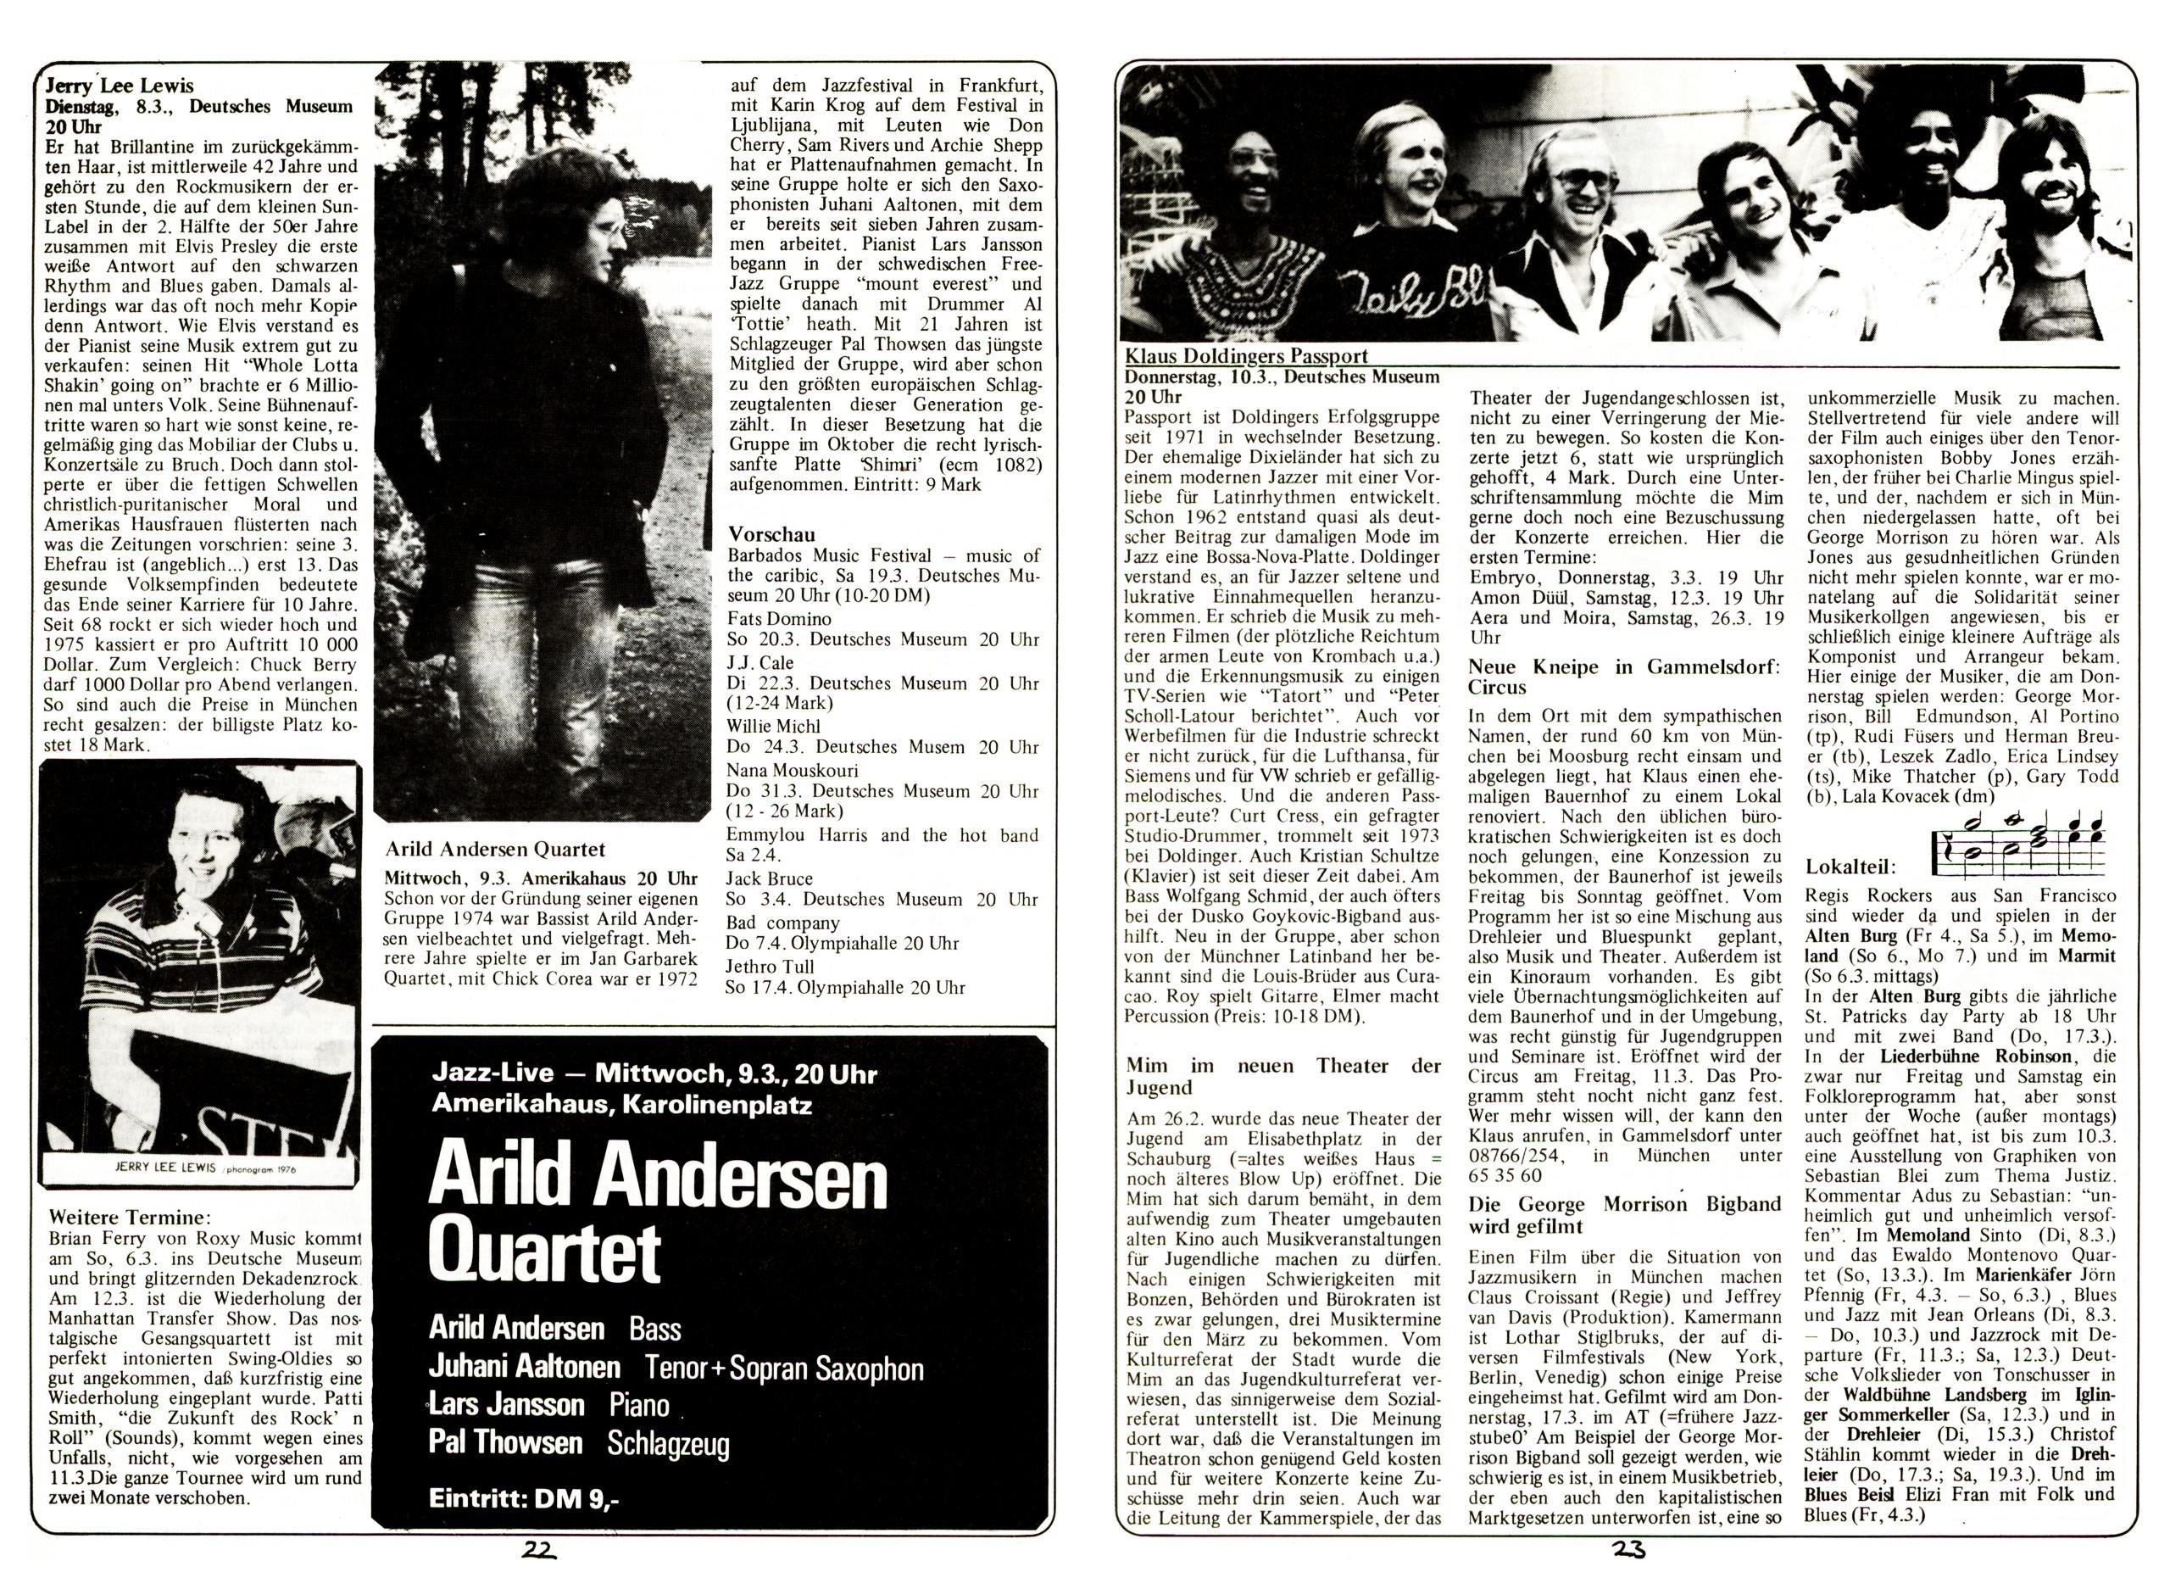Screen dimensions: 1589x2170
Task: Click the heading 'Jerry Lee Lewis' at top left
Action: (x=120, y=86)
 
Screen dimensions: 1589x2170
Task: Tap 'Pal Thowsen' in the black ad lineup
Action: (x=506, y=1441)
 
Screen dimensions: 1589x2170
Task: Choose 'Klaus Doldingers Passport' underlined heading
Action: (x=1247, y=356)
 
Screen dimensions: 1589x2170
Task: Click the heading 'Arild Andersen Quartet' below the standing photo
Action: (x=495, y=849)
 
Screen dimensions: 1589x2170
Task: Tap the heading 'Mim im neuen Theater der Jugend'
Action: (x=1283, y=1076)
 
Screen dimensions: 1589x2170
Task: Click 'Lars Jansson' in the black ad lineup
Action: (x=507, y=1404)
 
